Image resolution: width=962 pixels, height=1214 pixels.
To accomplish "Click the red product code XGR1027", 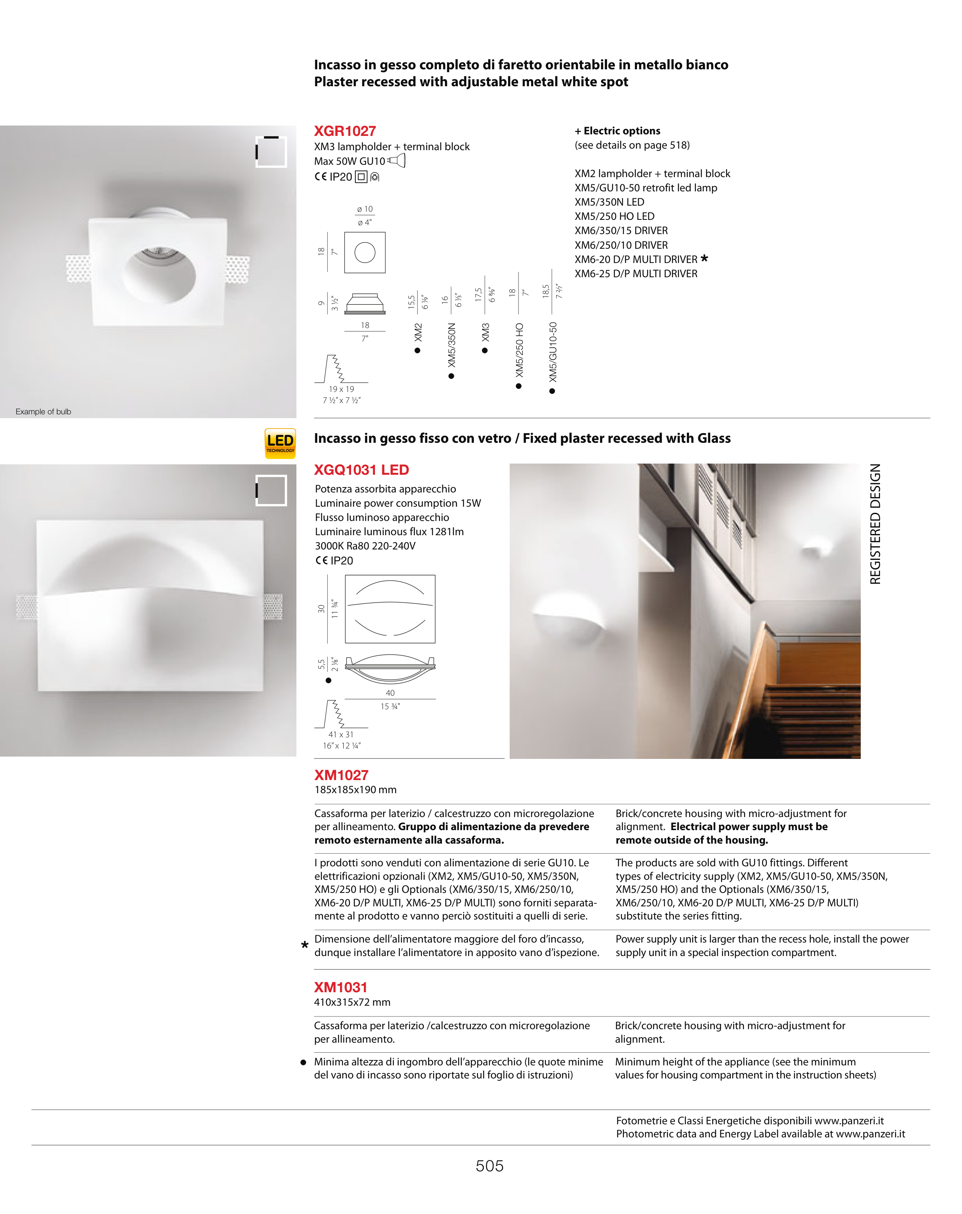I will point(345,131).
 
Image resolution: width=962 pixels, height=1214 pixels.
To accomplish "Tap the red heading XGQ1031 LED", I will point(361,470).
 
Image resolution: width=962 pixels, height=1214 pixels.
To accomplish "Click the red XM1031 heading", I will point(340,987).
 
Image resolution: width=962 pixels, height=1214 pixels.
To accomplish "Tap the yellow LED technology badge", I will point(280,443).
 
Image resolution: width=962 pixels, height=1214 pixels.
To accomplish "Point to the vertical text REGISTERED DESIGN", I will point(875,524).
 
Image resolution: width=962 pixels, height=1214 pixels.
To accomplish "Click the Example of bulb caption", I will point(43,412).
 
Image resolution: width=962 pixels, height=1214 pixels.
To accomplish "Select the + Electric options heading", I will point(617,131).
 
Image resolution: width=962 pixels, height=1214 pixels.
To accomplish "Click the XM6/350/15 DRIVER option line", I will point(621,230).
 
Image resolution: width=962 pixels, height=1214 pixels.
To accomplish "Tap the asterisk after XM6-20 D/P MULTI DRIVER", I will point(704,258).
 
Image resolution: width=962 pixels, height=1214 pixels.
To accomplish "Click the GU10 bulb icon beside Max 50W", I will point(397,161).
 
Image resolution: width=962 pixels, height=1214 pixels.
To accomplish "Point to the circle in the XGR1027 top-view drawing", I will point(364,252).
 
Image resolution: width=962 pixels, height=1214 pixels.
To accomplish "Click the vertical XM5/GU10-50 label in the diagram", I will point(553,352).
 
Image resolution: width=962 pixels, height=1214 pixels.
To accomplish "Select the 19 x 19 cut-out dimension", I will point(341,389).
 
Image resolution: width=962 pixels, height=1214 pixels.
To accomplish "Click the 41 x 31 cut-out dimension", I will point(341,734).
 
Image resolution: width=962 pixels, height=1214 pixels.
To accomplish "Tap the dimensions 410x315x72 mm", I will point(352,1002).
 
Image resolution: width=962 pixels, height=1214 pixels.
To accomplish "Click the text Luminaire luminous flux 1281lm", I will point(389,532).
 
